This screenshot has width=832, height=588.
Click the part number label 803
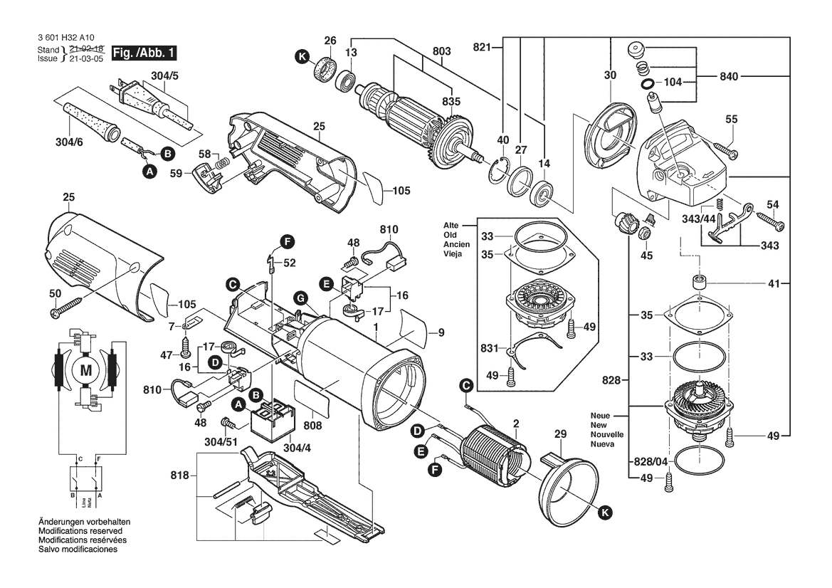click(442, 51)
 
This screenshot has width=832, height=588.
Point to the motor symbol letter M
click(86, 370)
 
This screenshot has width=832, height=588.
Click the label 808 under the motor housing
click(312, 425)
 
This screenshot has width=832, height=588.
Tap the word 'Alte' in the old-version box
click(451, 225)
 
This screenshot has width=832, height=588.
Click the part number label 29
click(560, 434)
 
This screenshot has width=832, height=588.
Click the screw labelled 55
click(722, 150)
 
